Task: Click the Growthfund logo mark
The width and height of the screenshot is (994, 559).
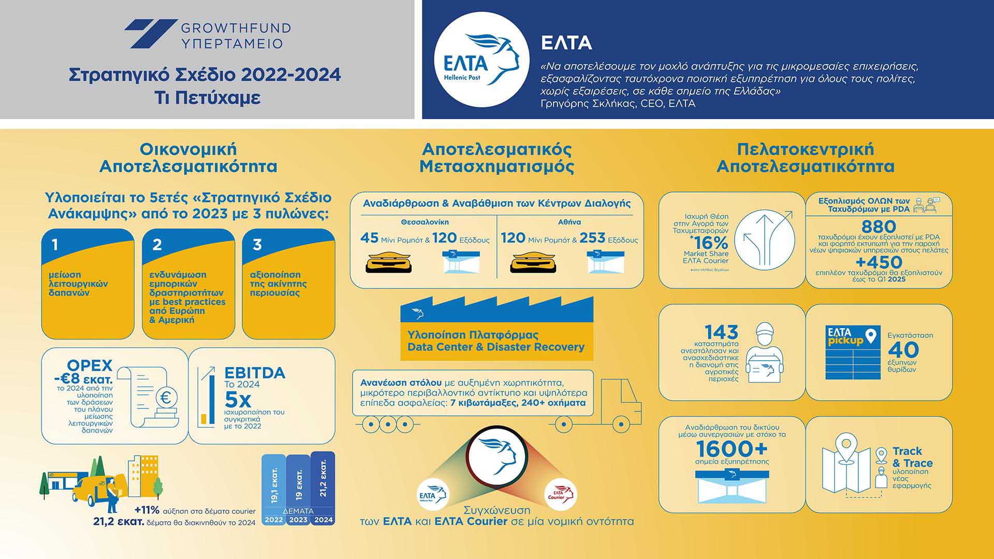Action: click(x=150, y=34)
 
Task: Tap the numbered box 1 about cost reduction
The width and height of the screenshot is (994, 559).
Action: click(x=87, y=284)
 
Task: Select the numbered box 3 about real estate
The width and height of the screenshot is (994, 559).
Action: click(x=288, y=284)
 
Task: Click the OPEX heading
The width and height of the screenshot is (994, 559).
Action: click(x=90, y=365)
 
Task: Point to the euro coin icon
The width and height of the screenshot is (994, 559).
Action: click(x=166, y=398)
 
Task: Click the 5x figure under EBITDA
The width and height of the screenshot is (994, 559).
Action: click(x=238, y=400)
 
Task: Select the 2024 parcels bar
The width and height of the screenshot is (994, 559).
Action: click(x=323, y=487)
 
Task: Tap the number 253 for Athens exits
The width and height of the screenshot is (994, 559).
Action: click(x=592, y=238)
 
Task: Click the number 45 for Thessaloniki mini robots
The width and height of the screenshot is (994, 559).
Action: click(x=369, y=238)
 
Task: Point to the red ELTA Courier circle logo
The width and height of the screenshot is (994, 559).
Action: click(x=561, y=494)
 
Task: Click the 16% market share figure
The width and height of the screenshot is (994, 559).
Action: click(x=709, y=243)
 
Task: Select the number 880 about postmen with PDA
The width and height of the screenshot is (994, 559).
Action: click(x=879, y=226)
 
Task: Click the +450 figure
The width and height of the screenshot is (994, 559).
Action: click(x=879, y=262)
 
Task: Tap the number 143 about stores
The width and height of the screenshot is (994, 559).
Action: click(x=721, y=332)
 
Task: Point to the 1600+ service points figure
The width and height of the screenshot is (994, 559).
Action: click(x=732, y=449)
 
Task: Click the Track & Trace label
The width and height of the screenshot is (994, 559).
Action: click(x=912, y=457)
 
